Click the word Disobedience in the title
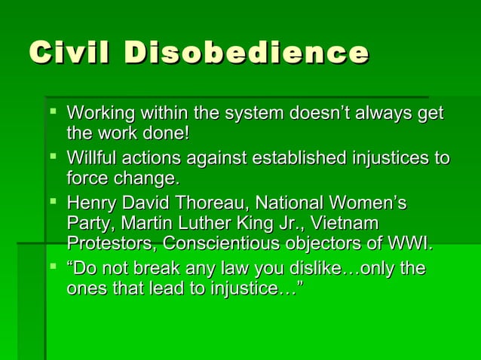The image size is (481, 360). (x=247, y=53)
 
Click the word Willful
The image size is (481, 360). (x=90, y=159)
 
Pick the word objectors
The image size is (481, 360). (x=348, y=245)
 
